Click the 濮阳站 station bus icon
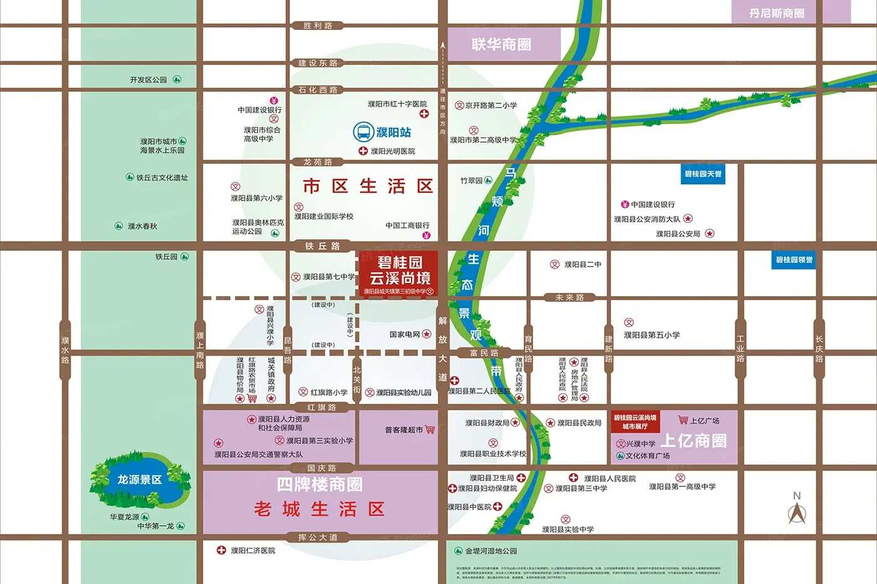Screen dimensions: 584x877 363,132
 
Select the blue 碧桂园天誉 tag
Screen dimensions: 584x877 703,174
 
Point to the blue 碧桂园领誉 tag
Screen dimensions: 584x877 794,260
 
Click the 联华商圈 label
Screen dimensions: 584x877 501,44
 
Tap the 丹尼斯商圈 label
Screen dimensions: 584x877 776,13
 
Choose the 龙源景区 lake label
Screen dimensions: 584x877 139,479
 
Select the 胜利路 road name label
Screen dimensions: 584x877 318,26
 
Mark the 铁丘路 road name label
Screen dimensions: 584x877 322,246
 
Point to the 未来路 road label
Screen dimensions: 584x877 569,297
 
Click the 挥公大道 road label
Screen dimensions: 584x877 318,537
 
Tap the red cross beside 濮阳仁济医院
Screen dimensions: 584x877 221,550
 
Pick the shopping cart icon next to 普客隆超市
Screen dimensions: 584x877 430,429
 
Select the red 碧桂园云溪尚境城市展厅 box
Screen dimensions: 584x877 635,422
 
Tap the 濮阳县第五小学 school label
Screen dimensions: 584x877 651,335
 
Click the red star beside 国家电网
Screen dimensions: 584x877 427,334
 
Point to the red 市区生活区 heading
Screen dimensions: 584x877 368,186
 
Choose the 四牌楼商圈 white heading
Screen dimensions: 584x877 319,484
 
